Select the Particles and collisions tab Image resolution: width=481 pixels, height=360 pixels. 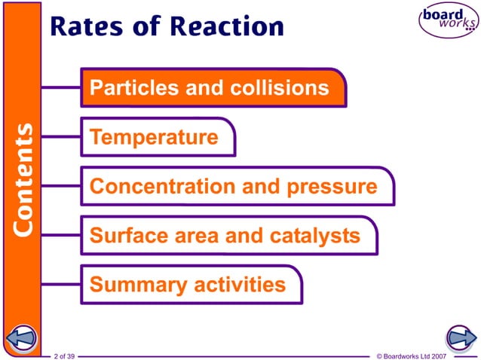point(210,88)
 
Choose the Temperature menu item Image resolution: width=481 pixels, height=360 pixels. point(155,138)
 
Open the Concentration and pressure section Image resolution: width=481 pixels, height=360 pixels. point(233,187)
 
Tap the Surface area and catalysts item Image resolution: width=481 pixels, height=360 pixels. point(225,236)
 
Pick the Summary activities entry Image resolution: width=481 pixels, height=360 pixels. point(188,285)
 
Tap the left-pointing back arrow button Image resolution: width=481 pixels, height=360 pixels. point(22,337)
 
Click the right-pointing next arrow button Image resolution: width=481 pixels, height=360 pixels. point(459,337)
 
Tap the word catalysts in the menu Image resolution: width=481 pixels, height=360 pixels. point(314,236)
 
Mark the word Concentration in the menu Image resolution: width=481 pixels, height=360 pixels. point(154,187)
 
